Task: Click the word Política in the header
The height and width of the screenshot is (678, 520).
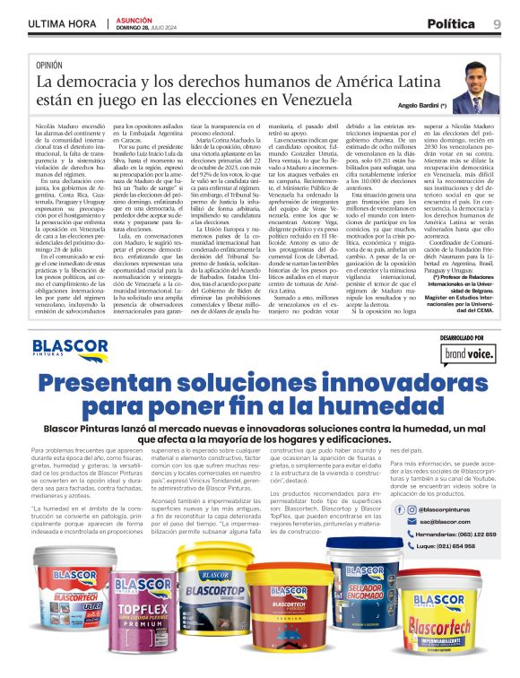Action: tap(456, 23)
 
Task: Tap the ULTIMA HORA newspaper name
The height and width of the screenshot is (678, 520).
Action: tap(61, 24)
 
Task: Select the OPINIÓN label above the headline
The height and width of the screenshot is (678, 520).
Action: tap(49, 65)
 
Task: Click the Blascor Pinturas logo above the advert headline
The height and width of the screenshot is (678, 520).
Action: tap(71, 350)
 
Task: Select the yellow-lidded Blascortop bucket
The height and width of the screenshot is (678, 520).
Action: tap(212, 610)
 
